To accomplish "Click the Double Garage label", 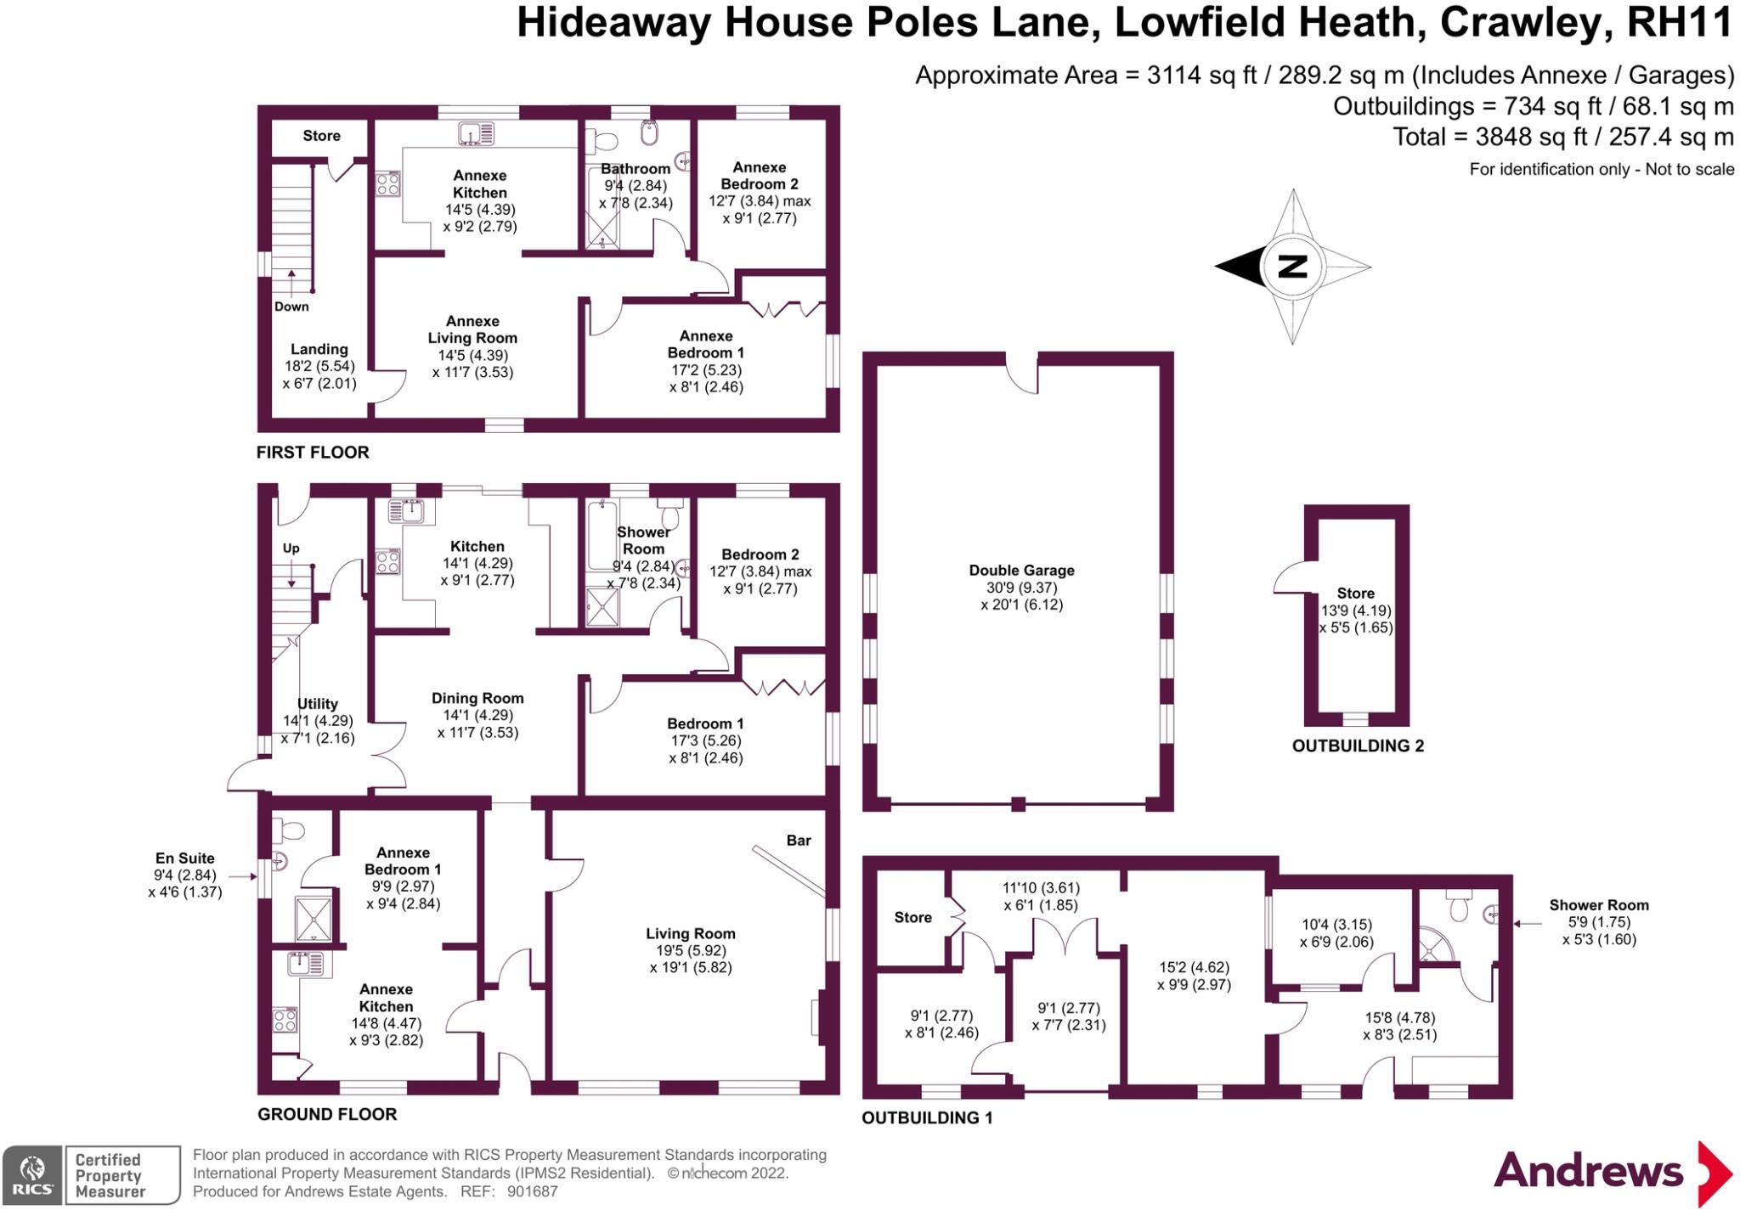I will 1021,571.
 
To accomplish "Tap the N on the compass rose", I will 1291,267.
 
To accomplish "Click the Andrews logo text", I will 1588,1172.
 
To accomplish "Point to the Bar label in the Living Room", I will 798,841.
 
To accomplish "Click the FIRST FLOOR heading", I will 313,453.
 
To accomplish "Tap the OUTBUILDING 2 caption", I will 1358,746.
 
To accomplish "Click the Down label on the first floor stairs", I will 291,307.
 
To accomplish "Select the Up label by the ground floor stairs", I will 291,549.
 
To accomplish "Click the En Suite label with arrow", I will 184,858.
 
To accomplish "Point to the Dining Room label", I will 477,699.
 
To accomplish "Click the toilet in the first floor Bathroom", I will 606,140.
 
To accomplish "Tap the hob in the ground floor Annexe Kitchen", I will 285,1019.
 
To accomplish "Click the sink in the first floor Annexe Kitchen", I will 476,134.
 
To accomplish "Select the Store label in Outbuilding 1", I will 912,918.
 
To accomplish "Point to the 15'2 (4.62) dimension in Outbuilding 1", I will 1194,968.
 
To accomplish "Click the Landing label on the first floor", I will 319,349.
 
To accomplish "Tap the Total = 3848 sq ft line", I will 1562,137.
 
